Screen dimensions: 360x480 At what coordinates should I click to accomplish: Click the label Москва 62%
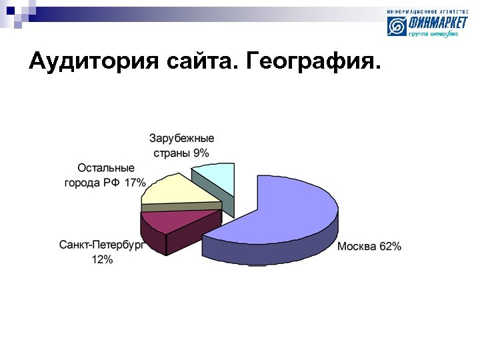click(369, 247)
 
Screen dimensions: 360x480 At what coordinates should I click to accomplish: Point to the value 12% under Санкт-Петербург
click(102, 260)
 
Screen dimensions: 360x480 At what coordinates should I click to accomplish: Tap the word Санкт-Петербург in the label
click(101, 245)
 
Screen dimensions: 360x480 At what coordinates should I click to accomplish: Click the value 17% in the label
click(135, 183)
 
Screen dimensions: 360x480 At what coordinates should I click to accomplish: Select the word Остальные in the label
click(105, 168)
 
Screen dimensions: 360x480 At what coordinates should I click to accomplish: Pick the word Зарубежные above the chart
click(182, 139)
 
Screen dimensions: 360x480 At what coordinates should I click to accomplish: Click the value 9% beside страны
click(201, 153)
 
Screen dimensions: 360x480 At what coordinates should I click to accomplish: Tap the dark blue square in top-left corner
click(10, 10)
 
